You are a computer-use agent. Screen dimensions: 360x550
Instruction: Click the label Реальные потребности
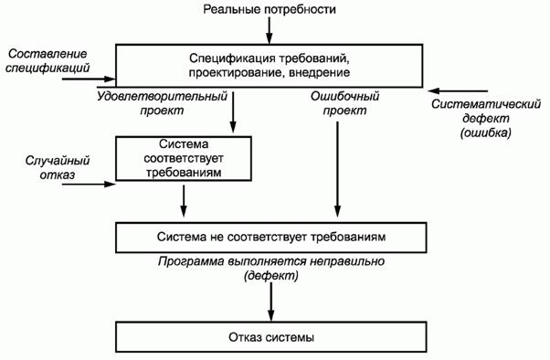coord(269,10)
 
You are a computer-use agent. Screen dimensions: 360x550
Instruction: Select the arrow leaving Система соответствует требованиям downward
coord(185,199)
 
